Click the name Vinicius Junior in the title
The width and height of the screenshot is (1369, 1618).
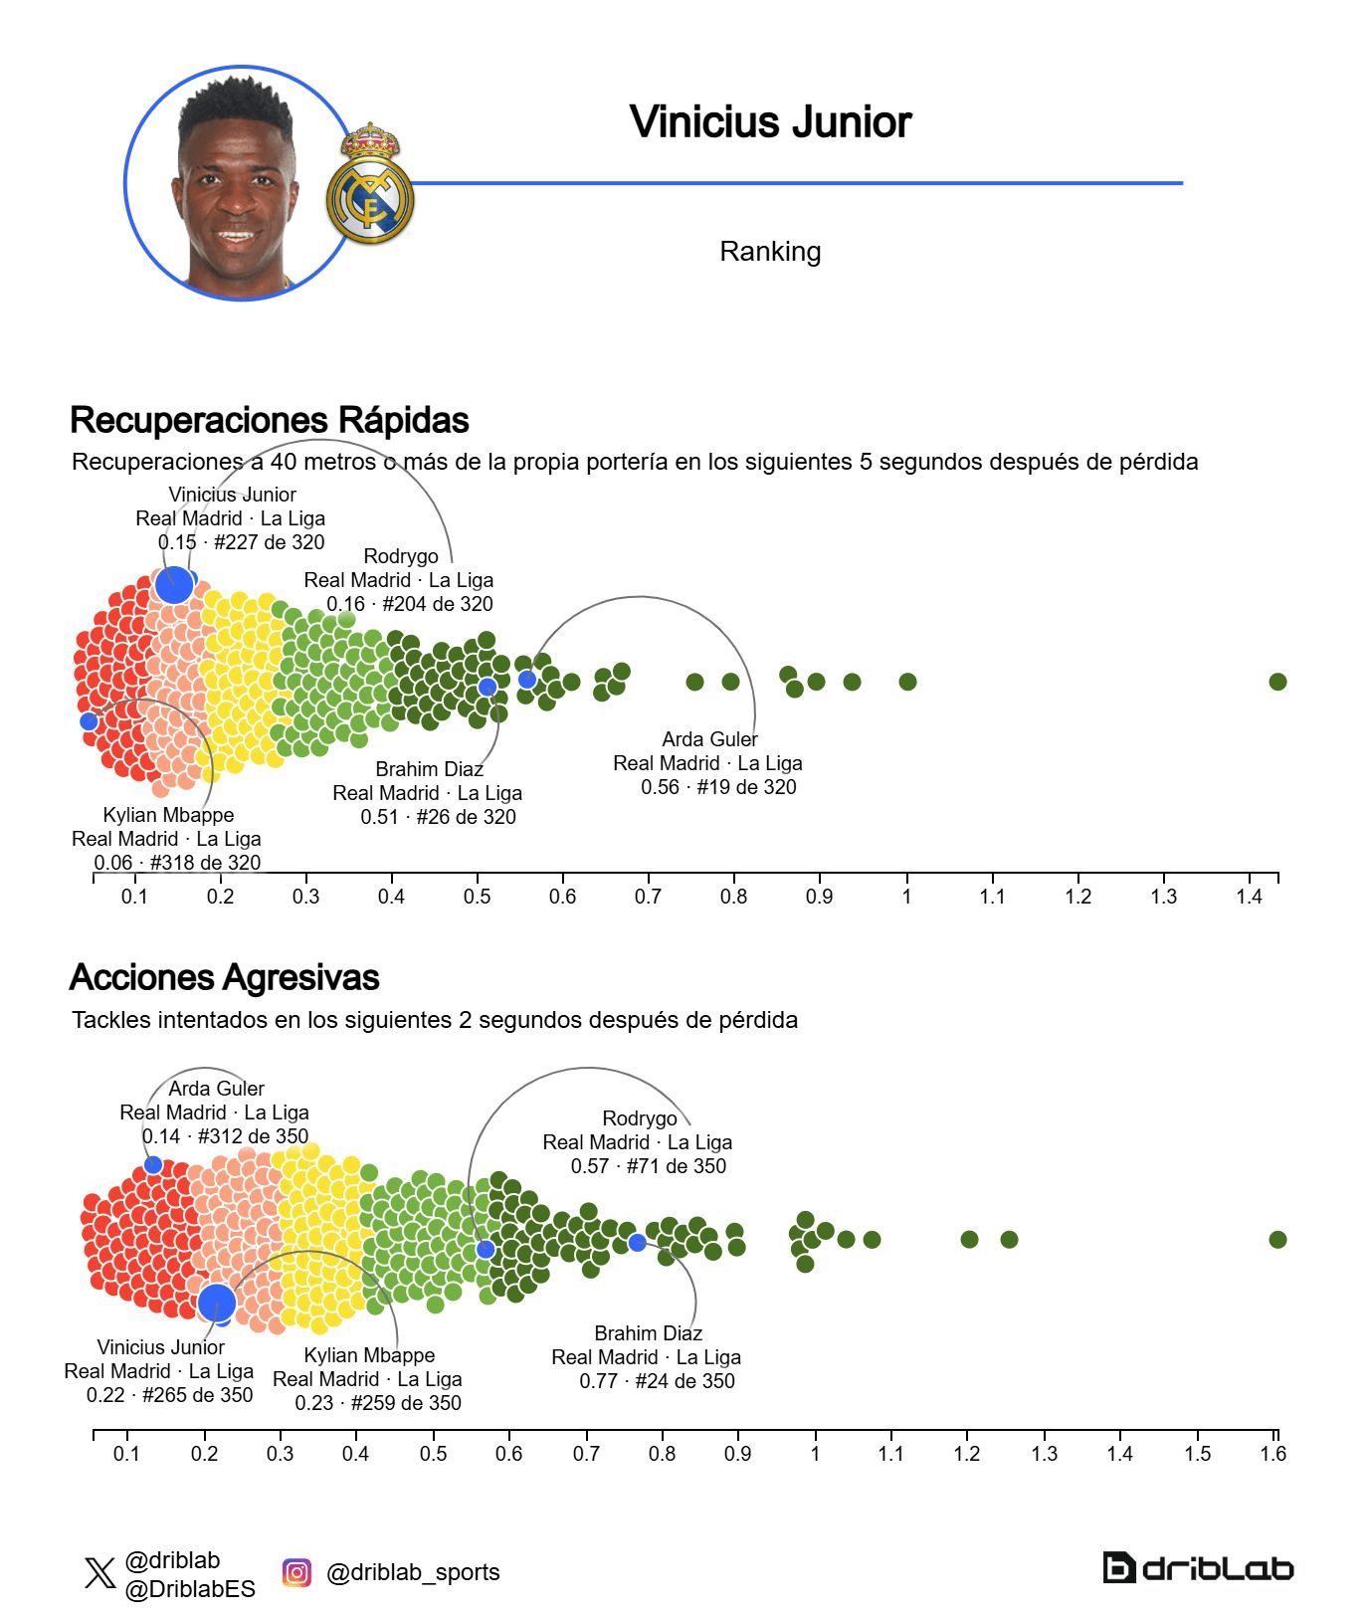[x=770, y=121]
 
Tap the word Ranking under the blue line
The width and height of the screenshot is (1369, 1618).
[x=770, y=252]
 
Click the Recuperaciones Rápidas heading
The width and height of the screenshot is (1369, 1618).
[x=269, y=420]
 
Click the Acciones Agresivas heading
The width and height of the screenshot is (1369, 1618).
[x=224, y=977]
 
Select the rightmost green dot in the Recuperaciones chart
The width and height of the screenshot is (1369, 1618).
[x=1277, y=682]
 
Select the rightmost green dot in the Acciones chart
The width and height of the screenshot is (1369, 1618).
[x=1277, y=1239]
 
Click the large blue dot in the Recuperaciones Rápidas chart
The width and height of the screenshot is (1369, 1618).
[x=174, y=584]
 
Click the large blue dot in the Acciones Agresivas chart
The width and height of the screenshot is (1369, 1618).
[x=216, y=1302]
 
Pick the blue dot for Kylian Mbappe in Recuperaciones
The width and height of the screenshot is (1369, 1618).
[x=89, y=721]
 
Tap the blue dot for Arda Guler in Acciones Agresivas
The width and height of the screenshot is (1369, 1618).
[x=153, y=1164]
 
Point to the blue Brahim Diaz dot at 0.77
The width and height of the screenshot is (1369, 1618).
[x=637, y=1242]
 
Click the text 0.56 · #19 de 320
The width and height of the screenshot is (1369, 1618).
[x=718, y=787]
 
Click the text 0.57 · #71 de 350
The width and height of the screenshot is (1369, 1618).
[x=648, y=1166]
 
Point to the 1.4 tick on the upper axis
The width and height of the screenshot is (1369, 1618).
[x=1249, y=896]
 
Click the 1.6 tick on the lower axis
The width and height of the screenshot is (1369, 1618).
[x=1272, y=1453]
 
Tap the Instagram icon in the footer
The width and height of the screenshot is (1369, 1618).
[x=296, y=1572]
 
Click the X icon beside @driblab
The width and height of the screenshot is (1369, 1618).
[x=99, y=1573]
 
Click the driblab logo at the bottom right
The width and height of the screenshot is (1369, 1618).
[x=1198, y=1568]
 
